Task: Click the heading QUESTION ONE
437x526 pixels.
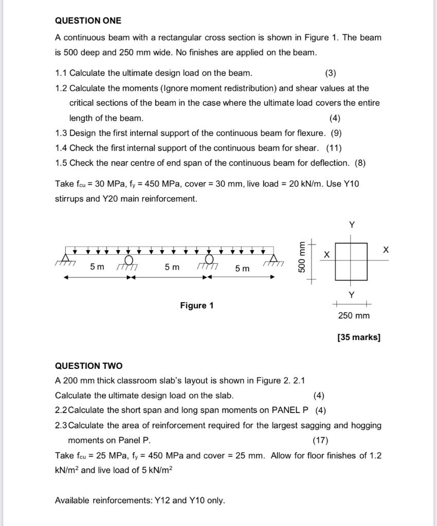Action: point(88,21)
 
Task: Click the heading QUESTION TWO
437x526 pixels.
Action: point(88,366)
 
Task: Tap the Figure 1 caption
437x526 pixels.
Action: point(196,306)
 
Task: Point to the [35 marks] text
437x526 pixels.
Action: point(359,337)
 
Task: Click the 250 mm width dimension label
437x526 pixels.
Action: point(354,315)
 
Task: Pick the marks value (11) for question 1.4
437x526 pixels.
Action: point(334,148)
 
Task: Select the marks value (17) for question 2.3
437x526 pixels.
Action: point(320,440)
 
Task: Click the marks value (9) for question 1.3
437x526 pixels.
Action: point(336,133)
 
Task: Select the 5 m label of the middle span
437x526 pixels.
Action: point(172,267)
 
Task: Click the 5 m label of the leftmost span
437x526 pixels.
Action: point(97,267)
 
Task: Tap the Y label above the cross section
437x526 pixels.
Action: point(352,225)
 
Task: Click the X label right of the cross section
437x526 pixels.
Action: point(386,250)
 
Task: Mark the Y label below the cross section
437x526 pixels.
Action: point(352,295)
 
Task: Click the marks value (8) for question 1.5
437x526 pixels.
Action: point(360,163)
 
